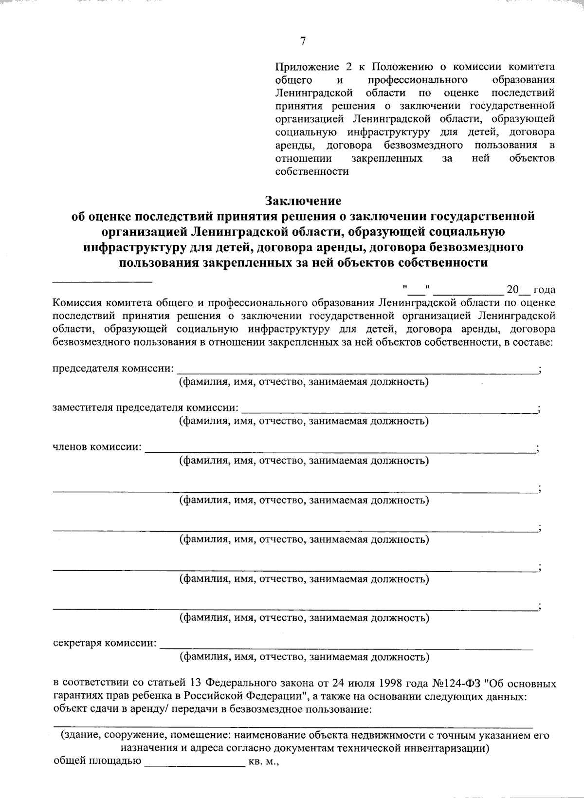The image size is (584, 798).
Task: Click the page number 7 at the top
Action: point(303,41)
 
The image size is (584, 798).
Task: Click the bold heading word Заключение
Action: point(303,201)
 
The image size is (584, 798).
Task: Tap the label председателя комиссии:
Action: point(112,368)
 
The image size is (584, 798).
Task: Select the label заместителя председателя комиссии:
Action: point(146,408)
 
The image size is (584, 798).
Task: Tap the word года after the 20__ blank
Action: point(545,290)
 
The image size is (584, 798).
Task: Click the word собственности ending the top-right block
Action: point(312,172)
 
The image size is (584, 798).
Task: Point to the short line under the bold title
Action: point(102,282)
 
